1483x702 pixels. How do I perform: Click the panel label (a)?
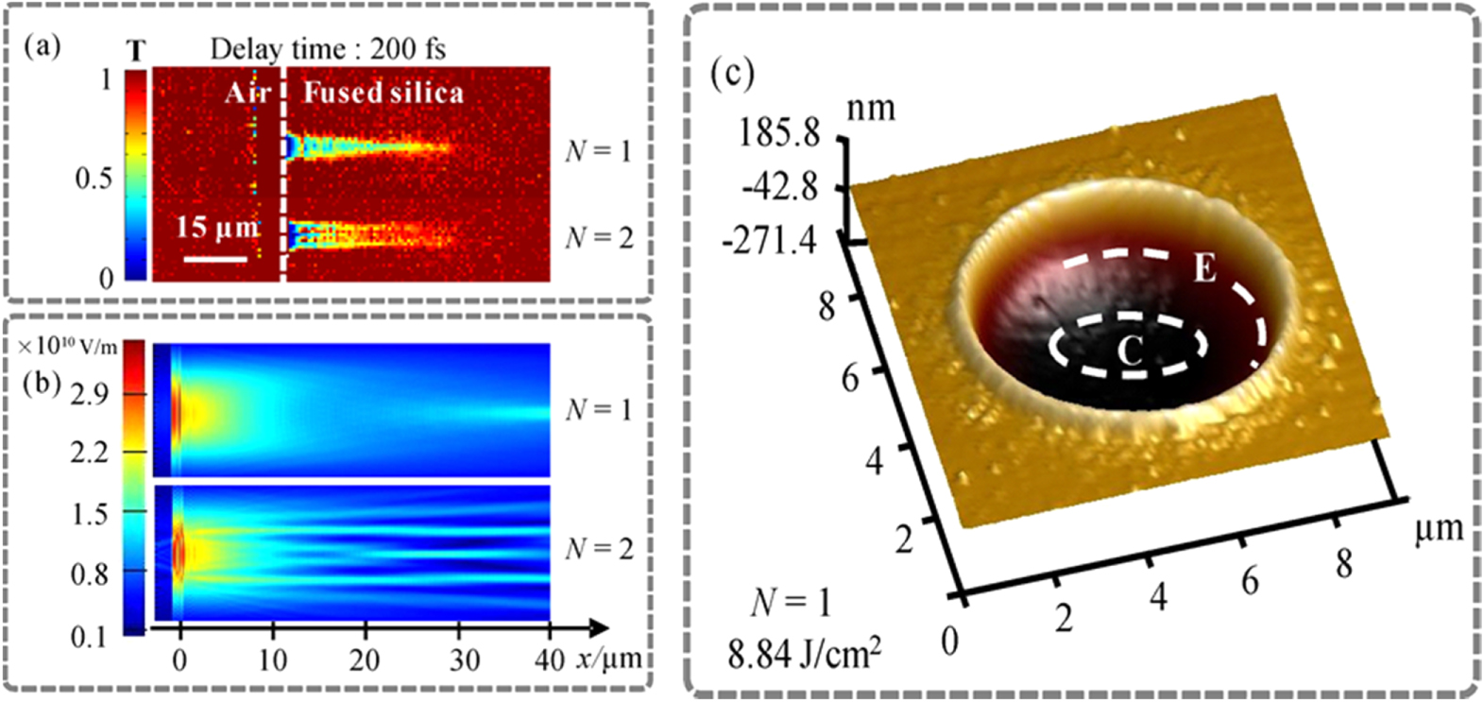(43, 46)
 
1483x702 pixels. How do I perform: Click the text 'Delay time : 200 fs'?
(327, 49)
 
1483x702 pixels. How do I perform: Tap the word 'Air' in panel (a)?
(248, 93)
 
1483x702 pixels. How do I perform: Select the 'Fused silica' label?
(384, 93)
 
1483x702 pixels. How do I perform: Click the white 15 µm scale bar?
(215, 257)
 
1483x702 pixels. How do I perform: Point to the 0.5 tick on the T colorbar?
(94, 178)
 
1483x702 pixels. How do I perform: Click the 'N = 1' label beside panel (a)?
(599, 150)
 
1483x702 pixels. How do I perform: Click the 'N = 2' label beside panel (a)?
(599, 237)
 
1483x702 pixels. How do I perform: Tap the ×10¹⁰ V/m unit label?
(68, 347)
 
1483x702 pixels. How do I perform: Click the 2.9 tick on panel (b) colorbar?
(90, 394)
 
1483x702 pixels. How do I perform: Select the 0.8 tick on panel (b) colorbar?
(90, 574)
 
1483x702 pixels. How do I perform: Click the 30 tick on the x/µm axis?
(465, 660)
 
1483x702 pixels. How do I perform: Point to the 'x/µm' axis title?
(608, 659)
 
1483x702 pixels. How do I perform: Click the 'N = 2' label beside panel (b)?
(599, 548)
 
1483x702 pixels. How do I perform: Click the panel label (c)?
(732, 74)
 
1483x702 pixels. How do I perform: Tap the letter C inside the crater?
(1130, 351)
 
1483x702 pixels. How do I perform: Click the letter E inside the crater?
(1204, 269)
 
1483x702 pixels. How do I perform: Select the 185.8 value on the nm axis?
(779, 133)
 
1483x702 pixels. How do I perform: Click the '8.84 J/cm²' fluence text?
(804, 652)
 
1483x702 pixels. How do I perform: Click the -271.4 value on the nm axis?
(769, 242)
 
